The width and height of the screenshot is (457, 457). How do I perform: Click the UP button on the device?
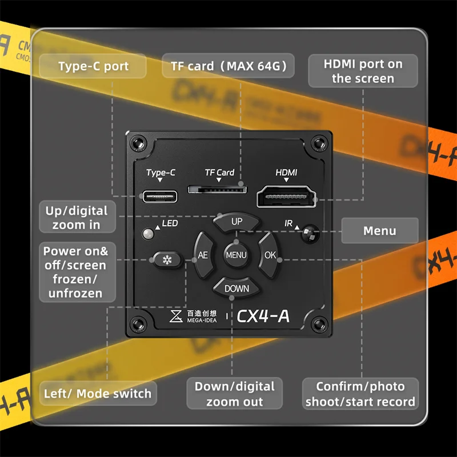[x=236, y=222]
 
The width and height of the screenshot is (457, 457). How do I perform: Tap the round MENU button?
[x=236, y=255]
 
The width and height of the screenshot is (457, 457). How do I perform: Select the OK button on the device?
[x=270, y=255]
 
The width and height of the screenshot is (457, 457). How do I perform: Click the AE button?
[x=203, y=255]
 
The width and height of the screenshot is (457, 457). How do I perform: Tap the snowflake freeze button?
[x=167, y=260]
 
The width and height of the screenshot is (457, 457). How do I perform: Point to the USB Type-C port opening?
[x=161, y=196]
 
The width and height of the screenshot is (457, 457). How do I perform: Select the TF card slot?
[x=218, y=188]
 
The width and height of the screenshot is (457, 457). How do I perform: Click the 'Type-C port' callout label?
[x=94, y=66]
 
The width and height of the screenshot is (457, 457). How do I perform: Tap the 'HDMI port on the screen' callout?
[x=363, y=71]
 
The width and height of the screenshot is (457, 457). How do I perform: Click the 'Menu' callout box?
[x=380, y=231]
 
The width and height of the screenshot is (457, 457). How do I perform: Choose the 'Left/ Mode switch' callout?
[x=98, y=394]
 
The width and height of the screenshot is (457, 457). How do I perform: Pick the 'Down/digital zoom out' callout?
[x=235, y=394]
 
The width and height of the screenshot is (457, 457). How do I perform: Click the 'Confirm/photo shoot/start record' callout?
[x=360, y=394]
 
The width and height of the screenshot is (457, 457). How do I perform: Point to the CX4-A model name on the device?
[x=263, y=315]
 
